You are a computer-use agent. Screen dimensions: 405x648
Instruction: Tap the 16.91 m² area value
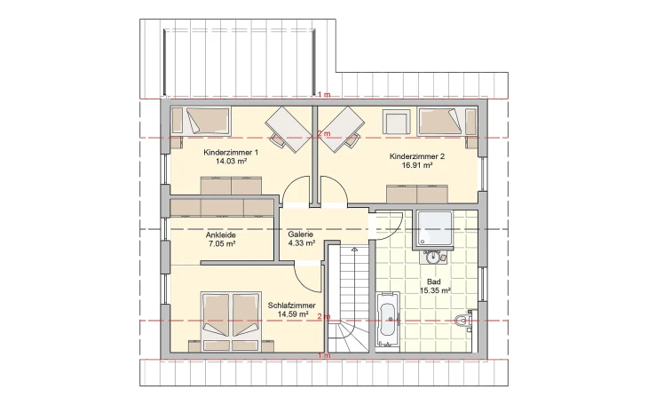pos(411,166)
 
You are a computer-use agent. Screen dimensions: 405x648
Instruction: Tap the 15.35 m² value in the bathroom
pos(434,290)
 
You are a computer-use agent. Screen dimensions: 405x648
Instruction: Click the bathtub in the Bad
pos(387,321)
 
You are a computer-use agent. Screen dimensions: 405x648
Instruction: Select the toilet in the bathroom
pos(461,321)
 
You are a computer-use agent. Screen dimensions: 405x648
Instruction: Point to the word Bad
pos(434,281)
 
